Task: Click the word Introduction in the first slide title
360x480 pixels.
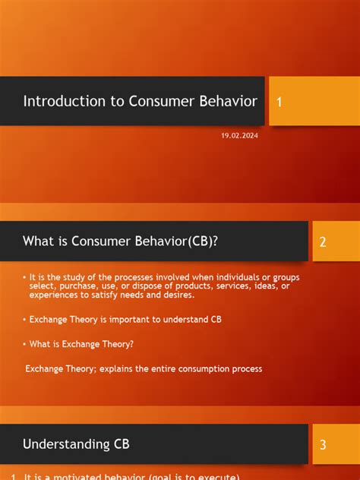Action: point(59,101)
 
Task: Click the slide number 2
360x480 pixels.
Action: point(323,242)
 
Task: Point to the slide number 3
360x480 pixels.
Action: point(323,445)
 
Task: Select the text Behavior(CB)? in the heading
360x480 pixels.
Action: point(183,242)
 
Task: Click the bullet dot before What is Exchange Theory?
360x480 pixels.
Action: point(24,343)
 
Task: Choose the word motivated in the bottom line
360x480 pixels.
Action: point(73,476)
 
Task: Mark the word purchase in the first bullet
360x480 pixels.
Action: point(66,286)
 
